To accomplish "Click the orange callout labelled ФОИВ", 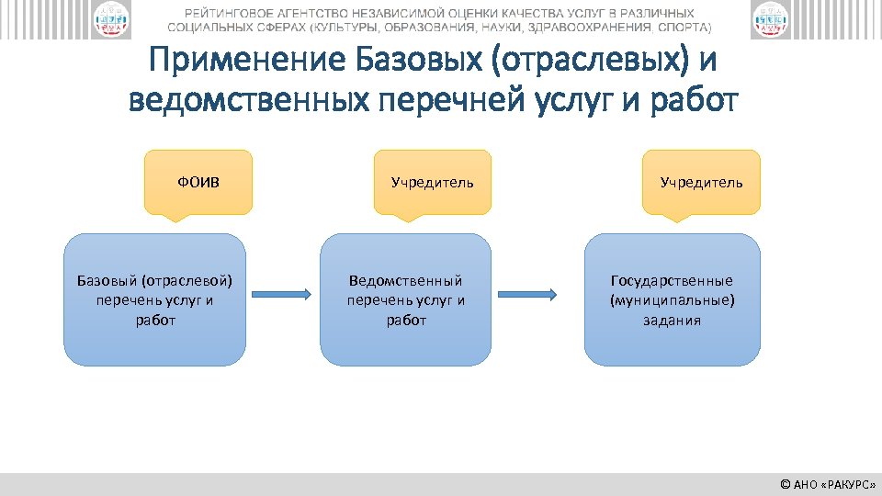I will pyautogui.click(x=198, y=182).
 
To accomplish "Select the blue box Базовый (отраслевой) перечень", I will pyautogui.click(x=154, y=299).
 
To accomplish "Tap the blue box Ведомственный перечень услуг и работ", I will pyautogui.click(x=406, y=299).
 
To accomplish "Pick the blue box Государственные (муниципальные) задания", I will pyautogui.click(x=673, y=299).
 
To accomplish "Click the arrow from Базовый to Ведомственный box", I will pyautogui.click(x=283, y=294).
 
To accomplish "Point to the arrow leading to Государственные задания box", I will pyautogui.click(x=527, y=294).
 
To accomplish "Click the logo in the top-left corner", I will pyautogui.click(x=110, y=20).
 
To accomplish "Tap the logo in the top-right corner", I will pyautogui.click(x=770, y=20).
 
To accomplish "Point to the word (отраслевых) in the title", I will pyautogui.click(x=588, y=62).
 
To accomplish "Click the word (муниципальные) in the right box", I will pyautogui.click(x=673, y=300).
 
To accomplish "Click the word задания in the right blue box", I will pyautogui.click(x=673, y=321).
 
